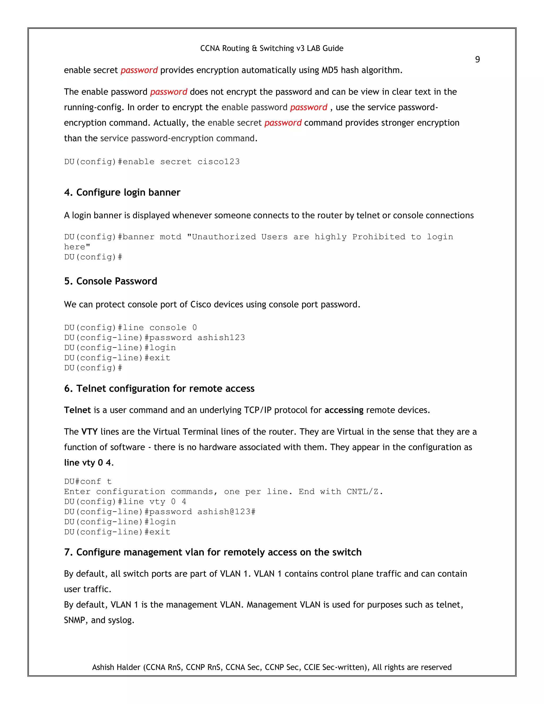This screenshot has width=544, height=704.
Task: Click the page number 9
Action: click(477, 60)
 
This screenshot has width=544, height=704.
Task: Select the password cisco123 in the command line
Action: click(219, 162)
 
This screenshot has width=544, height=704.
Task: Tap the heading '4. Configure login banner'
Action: click(122, 192)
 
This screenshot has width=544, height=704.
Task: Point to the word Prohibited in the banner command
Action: click(379, 237)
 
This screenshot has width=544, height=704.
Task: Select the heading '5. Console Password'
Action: click(110, 281)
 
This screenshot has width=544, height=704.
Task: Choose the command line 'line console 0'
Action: click(130, 328)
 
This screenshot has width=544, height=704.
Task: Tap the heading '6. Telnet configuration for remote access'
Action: click(159, 388)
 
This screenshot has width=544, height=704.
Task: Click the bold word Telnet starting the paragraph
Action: click(77, 410)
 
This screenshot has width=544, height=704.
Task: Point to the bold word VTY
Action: click(89, 432)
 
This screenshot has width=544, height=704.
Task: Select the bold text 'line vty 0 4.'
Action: click(89, 463)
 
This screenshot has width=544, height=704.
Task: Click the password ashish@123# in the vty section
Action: click(226, 512)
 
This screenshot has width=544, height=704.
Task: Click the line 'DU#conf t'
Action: click(88, 482)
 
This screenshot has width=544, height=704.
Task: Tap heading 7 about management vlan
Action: click(213, 552)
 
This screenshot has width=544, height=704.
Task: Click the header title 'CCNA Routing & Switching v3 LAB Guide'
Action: click(272, 48)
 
